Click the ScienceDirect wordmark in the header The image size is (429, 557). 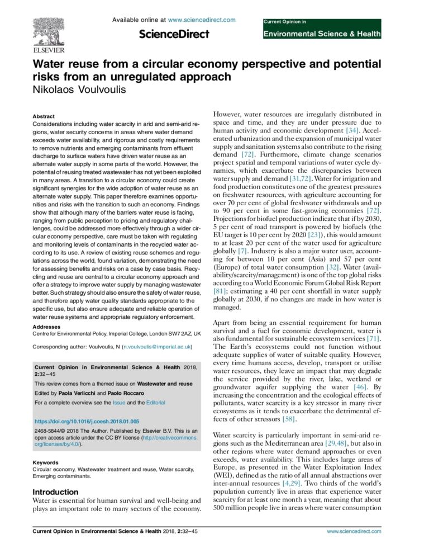click(174, 35)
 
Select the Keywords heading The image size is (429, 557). click(46, 462)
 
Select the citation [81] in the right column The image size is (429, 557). click(221, 291)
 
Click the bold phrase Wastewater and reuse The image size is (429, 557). click(166, 384)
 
